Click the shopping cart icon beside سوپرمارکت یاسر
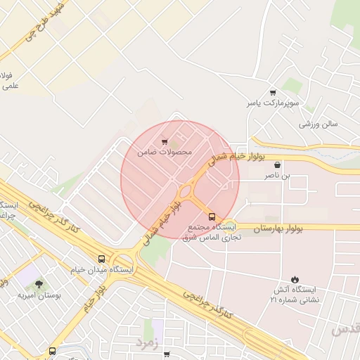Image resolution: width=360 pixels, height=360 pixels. pyautogui.click(x=273, y=92)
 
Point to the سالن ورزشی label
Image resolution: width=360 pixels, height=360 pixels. pyautogui.click(x=319, y=124)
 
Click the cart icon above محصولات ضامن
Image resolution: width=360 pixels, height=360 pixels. pyautogui.click(x=165, y=141)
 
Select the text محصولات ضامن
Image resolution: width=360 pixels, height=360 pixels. pyautogui.click(x=165, y=152)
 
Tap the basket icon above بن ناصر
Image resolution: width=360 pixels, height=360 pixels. pyautogui.click(x=279, y=166)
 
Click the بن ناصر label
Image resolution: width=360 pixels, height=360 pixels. pyautogui.click(x=276, y=177)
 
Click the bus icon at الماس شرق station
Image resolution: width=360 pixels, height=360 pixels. pyautogui.click(x=213, y=217)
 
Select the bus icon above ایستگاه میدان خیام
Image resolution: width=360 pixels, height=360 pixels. pyautogui.click(x=103, y=258)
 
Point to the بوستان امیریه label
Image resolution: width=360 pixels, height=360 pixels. pyautogui.click(x=40, y=295)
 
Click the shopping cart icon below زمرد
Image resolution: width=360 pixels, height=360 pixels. pyautogui.click(x=167, y=354)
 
